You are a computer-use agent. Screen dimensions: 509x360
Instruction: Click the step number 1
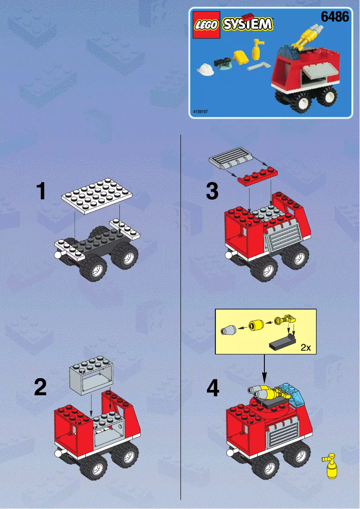41,191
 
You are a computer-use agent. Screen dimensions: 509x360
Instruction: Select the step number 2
40,387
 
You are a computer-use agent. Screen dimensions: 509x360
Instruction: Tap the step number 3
212,191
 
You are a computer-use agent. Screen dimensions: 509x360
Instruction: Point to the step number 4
213,388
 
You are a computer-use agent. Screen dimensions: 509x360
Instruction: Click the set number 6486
335,18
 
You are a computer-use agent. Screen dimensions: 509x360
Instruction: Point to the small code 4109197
200,111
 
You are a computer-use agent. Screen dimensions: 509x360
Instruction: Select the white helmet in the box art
205,69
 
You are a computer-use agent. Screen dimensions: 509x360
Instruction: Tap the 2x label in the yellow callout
306,347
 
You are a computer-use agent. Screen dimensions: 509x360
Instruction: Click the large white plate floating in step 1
98,195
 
